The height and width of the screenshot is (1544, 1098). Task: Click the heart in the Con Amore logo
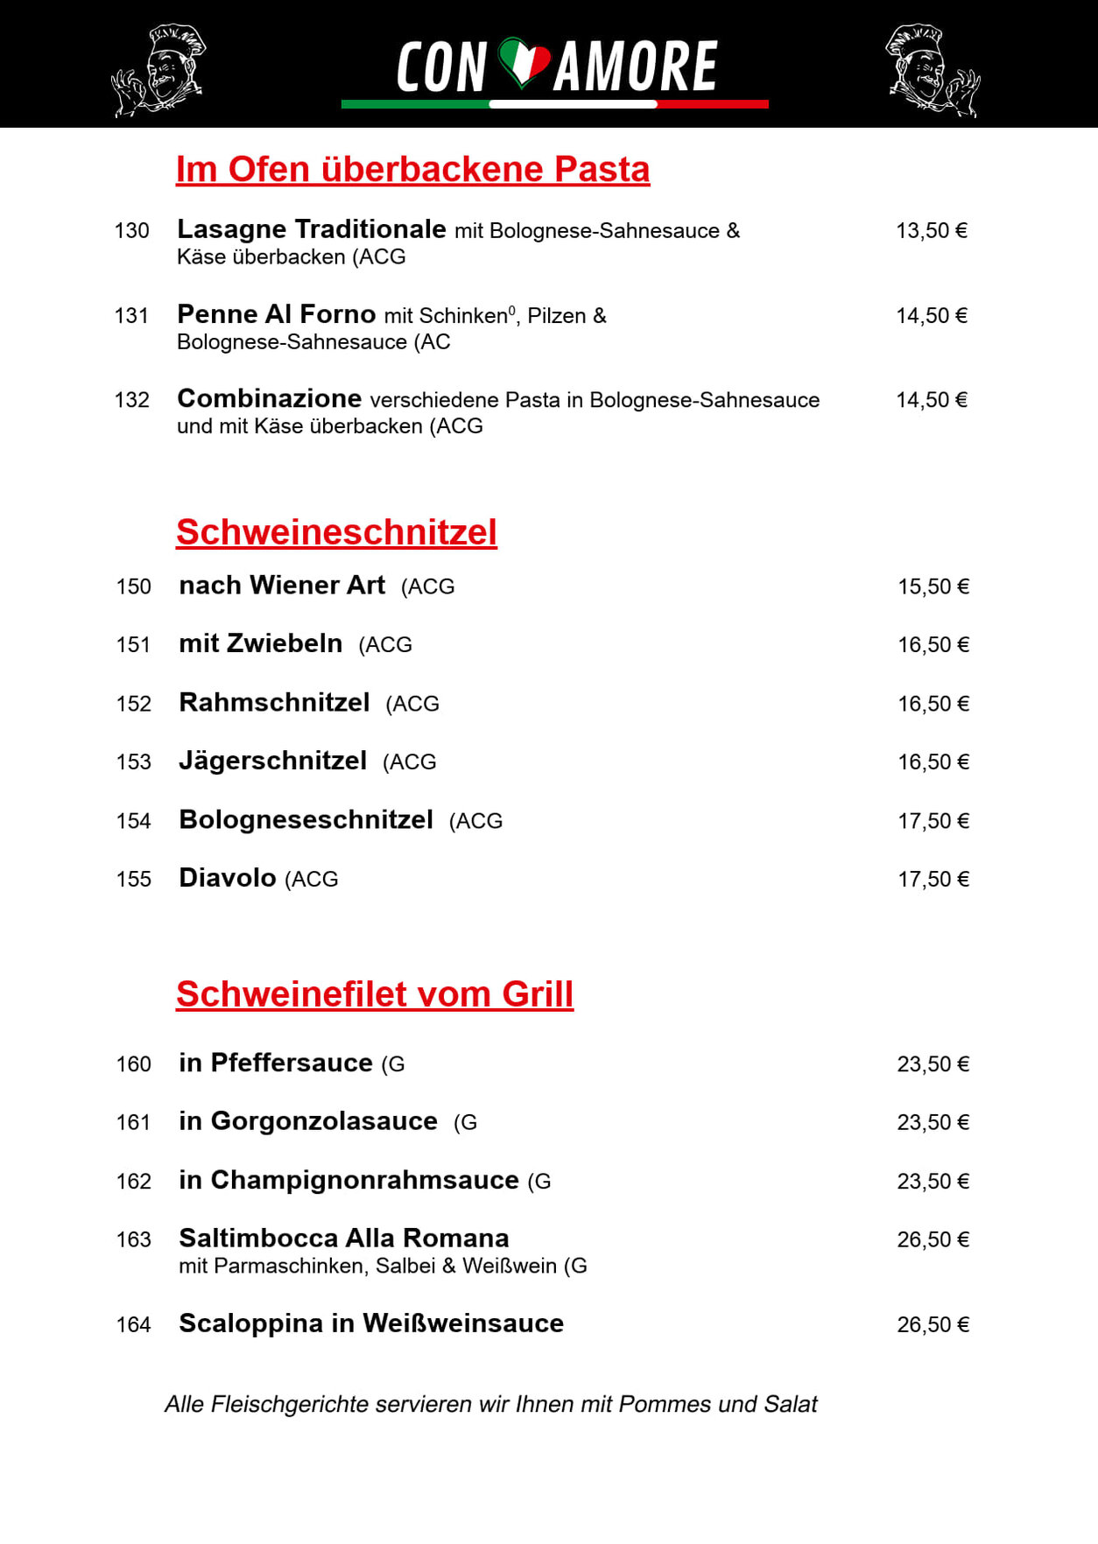point(524,62)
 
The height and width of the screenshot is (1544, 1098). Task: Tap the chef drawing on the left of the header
point(160,70)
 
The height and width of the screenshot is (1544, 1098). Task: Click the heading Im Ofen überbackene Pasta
point(412,170)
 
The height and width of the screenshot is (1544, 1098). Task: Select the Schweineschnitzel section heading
point(336,532)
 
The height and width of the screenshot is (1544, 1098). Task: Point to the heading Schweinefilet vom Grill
point(375,994)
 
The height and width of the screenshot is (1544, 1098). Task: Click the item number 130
point(131,231)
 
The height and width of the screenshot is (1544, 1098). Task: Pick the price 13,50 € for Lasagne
point(931,231)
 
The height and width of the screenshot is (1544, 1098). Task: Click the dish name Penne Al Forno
point(276,314)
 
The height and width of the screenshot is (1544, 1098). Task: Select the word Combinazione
point(269,399)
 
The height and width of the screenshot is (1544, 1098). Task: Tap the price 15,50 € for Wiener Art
point(933,586)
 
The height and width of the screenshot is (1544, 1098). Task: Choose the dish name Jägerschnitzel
point(272,761)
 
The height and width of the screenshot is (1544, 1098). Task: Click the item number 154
point(133,821)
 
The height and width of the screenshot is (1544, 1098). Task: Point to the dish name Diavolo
point(227,878)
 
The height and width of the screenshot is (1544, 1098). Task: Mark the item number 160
point(133,1064)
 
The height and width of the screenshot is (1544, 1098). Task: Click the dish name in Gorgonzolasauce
point(307,1121)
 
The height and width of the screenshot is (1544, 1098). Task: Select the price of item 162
point(933,1182)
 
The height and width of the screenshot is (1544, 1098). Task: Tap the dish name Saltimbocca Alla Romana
point(343,1239)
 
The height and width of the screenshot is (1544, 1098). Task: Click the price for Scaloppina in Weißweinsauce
point(933,1325)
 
